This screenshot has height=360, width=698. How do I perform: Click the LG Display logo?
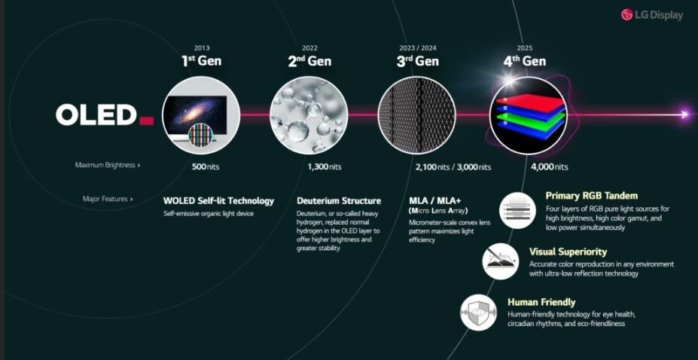[652, 15]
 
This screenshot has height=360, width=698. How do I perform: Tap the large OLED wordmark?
[105, 115]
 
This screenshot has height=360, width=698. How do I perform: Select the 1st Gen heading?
[201, 60]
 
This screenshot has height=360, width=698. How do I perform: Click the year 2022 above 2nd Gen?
[309, 48]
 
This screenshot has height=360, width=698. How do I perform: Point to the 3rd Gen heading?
[418, 60]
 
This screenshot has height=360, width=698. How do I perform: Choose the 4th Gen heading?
[525, 60]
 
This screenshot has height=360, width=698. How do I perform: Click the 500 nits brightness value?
[206, 167]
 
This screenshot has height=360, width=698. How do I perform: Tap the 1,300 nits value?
[325, 167]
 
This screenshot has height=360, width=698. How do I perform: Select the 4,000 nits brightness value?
[550, 167]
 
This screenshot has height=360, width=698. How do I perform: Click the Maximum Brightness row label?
[107, 165]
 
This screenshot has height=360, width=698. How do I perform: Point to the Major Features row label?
[108, 199]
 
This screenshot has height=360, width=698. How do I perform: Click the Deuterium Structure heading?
[339, 200]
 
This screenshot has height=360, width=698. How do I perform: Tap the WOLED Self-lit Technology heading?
[218, 200]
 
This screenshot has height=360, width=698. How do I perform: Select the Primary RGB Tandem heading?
[592, 196]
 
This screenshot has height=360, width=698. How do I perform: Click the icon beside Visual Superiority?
[501, 261]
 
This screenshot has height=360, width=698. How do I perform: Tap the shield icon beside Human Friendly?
[479, 313]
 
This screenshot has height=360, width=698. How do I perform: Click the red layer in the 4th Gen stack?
[531, 103]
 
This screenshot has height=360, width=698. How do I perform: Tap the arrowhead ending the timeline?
[685, 114]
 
